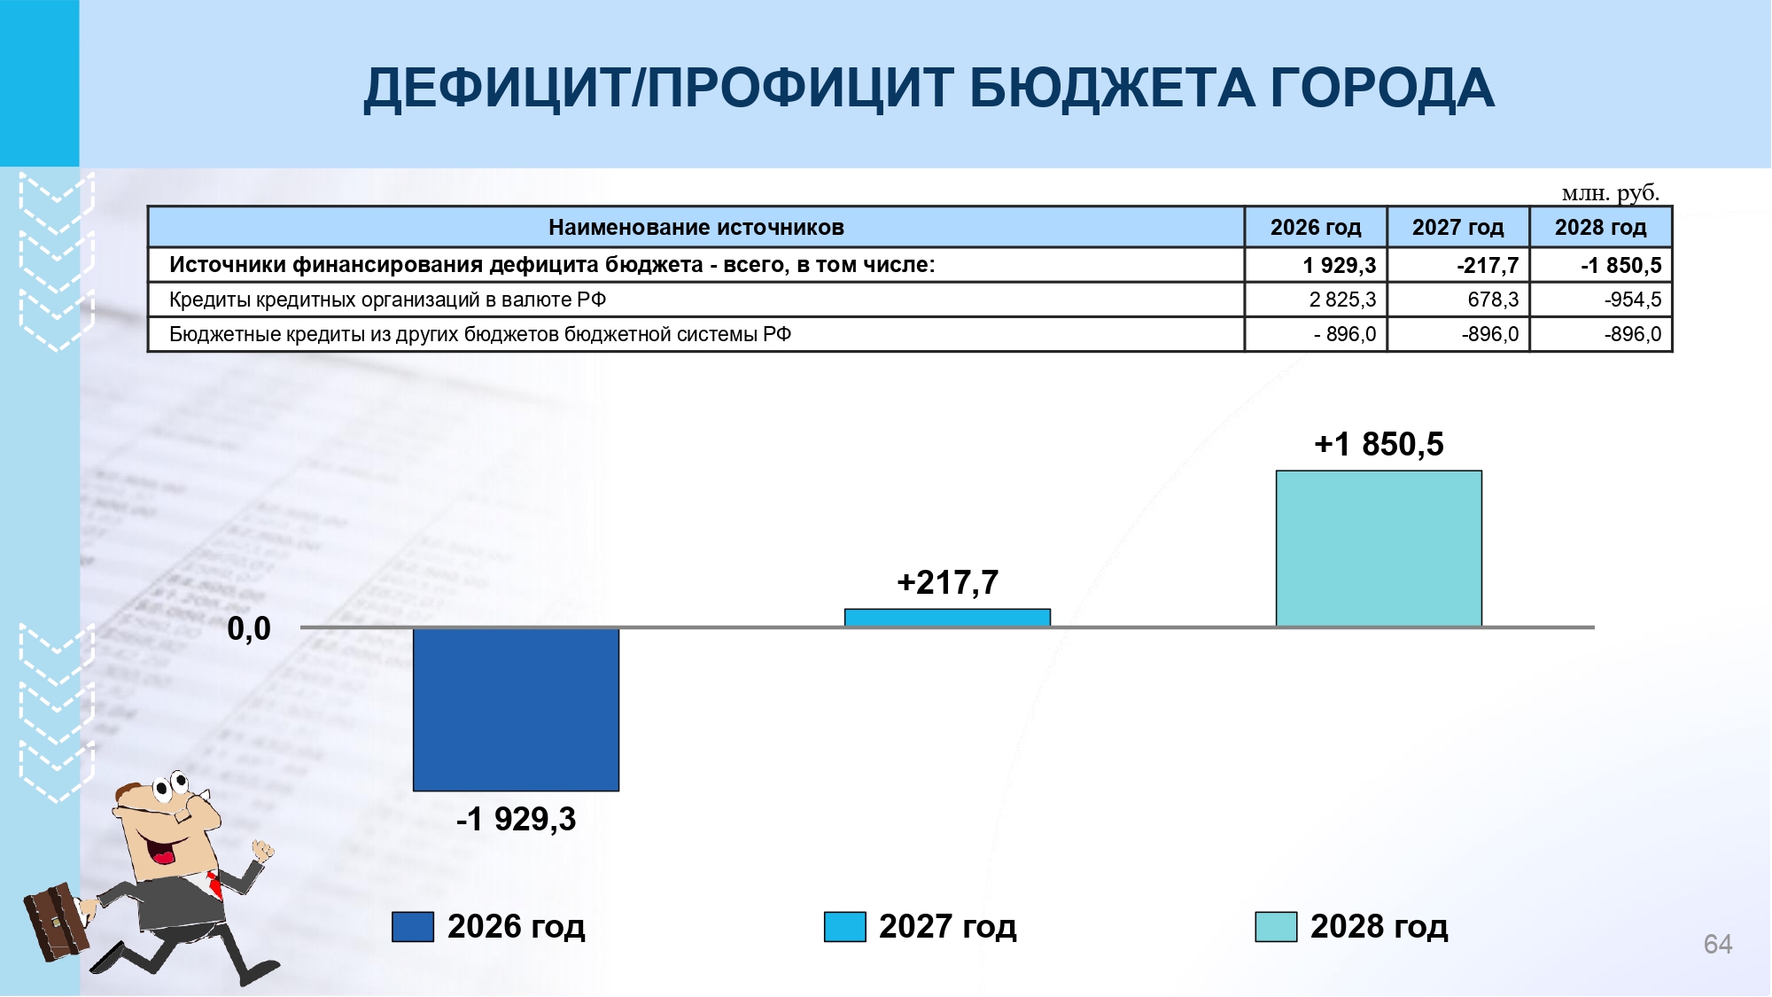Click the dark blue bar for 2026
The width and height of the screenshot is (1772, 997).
tap(516, 709)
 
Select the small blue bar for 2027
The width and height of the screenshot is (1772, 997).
tap(947, 618)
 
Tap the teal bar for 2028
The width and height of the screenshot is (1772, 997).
tap(1379, 549)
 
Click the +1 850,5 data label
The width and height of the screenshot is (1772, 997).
tap(1379, 444)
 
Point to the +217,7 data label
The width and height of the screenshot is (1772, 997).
tap(947, 582)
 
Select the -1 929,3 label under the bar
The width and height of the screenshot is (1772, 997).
tap(516, 819)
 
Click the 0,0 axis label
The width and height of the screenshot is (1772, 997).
tap(249, 628)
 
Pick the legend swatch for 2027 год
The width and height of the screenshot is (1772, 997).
tap(844, 927)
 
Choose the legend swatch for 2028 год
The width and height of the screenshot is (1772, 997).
tap(1276, 927)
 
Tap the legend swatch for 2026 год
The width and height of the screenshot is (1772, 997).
tap(413, 927)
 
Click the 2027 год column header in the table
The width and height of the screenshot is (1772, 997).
tap(1457, 228)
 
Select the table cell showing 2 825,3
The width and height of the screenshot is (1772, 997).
tap(1316, 300)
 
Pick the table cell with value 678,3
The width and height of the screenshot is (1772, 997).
tap(1457, 300)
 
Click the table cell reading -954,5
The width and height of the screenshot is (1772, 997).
tap(1600, 300)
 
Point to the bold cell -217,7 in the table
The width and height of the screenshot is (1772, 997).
tap(1457, 265)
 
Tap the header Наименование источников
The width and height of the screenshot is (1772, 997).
tap(696, 228)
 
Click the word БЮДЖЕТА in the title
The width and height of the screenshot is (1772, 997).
tap(1112, 89)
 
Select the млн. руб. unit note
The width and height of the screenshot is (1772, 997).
tap(1610, 192)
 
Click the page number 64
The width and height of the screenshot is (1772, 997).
tap(1717, 944)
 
